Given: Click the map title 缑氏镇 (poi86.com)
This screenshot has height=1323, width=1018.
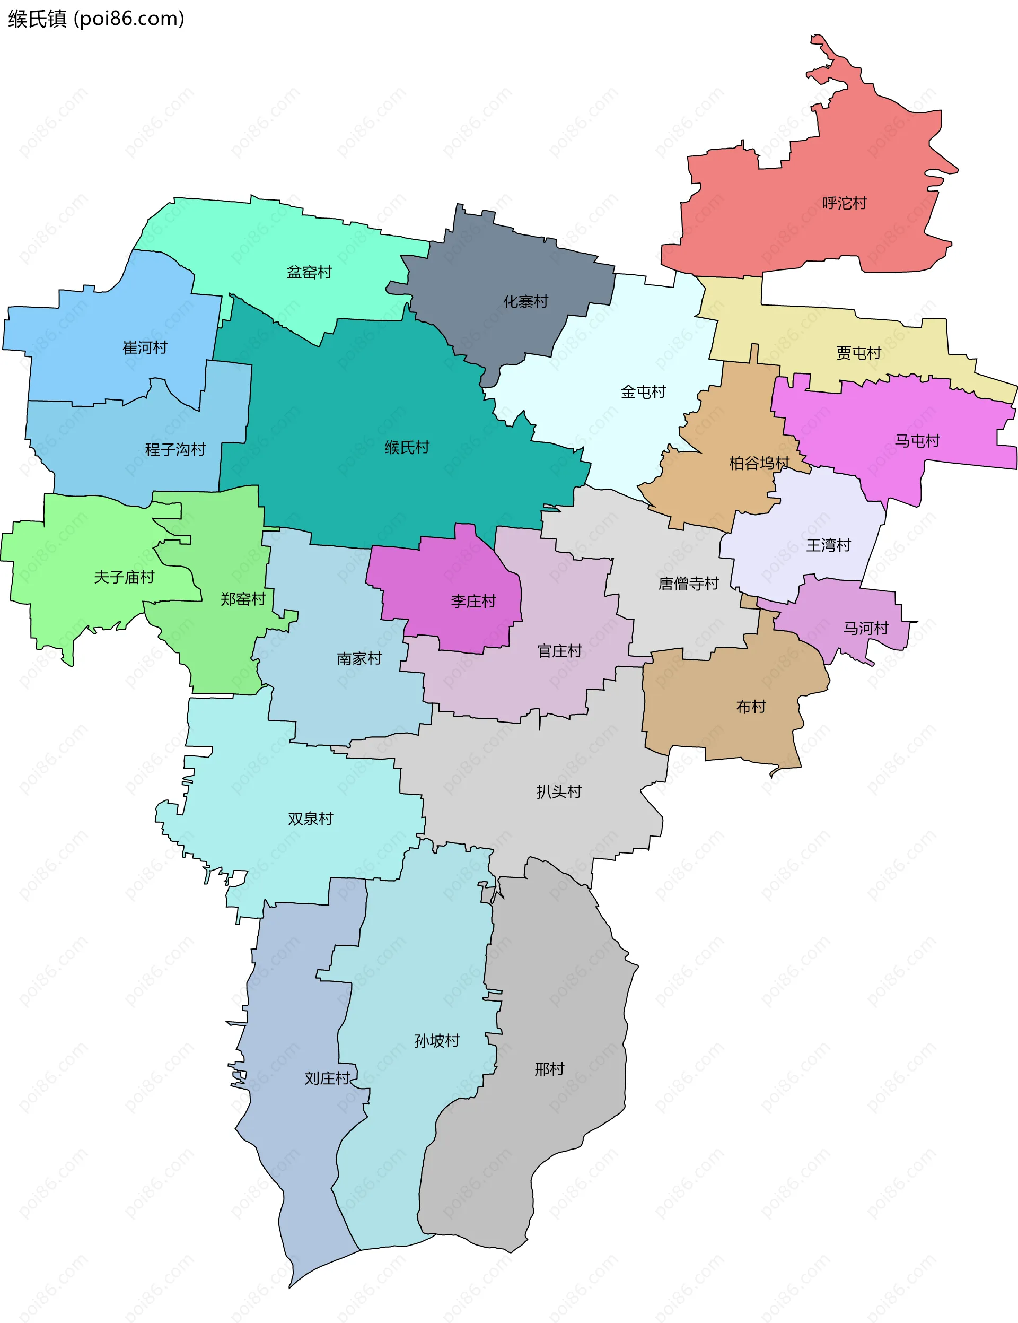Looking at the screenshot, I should [x=95, y=19].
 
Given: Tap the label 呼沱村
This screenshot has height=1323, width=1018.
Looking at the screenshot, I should [x=844, y=203].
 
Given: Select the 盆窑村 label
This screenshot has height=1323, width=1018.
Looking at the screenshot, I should [x=309, y=272].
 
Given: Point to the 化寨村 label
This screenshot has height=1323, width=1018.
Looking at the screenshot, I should [x=525, y=301].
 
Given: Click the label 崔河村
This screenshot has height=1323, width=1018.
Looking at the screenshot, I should [x=145, y=347].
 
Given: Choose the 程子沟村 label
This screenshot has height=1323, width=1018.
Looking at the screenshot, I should [x=175, y=449].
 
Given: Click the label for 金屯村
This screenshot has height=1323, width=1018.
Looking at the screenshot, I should [x=643, y=391].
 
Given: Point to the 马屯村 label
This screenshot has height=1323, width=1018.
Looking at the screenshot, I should [x=917, y=440].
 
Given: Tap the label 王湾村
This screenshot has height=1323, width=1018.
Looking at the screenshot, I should [x=828, y=545].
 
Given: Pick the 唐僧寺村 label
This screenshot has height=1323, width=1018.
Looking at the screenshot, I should [x=688, y=583].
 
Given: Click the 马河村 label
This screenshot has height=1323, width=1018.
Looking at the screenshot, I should [x=865, y=628].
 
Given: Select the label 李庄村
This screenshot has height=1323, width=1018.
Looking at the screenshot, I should [x=473, y=601].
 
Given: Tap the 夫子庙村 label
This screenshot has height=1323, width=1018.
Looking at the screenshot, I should [x=124, y=577].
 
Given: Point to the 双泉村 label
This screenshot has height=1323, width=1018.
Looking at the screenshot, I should [x=310, y=819].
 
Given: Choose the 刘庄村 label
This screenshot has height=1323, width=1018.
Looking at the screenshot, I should [x=327, y=1078].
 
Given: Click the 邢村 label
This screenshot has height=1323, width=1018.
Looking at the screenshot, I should [x=549, y=1069].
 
